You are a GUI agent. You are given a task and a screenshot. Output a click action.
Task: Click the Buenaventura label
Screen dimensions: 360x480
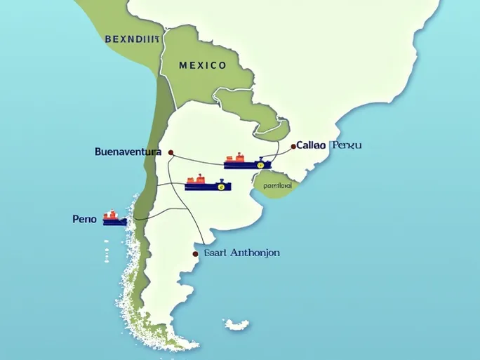[x=128, y=151]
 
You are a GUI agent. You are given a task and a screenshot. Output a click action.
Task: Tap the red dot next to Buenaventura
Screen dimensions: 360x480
[x=170, y=151]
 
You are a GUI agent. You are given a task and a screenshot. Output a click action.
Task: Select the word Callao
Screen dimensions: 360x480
[x=311, y=145]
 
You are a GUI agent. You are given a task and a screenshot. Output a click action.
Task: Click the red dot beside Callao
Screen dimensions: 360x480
[x=293, y=147]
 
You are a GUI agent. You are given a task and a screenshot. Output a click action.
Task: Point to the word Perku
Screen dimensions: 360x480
[x=347, y=145]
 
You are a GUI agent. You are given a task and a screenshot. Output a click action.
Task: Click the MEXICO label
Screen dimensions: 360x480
[x=203, y=65]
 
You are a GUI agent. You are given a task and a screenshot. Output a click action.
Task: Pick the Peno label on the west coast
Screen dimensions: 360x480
[x=84, y=219]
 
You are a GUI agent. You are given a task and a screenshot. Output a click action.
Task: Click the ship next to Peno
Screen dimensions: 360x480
[x=114, y=219]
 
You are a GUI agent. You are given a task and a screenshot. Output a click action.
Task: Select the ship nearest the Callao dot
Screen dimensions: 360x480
[x=246, y=164]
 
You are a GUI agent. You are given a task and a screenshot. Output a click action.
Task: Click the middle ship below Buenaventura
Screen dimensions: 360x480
[x=208, y=185]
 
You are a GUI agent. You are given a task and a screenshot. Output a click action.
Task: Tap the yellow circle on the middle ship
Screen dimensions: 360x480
[x=221, y=187]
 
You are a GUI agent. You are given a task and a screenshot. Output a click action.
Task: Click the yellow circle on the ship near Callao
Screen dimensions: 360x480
[x=260, y=165]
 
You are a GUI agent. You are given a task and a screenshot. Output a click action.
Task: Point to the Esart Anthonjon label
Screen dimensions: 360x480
[x=241, y=253]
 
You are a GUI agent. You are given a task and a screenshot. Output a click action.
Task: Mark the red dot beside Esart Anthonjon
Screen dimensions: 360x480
[x=194, y=253]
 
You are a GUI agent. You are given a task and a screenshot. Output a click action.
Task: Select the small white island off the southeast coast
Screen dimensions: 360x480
[x=237, y=325]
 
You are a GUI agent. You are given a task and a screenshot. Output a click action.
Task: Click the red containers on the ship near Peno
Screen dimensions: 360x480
[x=110, y=214]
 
